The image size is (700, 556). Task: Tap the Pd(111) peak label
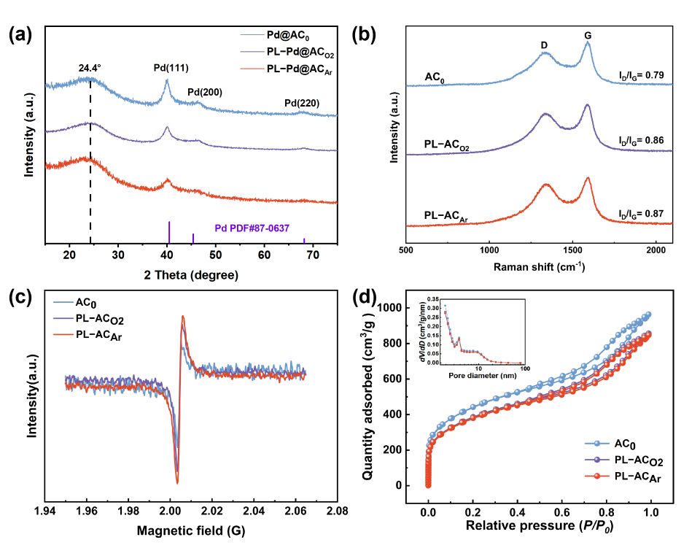point(171,68)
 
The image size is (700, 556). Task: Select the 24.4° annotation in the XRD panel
point(90,67)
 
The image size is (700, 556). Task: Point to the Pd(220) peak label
point(302,103)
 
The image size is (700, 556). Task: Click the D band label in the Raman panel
point(544,45)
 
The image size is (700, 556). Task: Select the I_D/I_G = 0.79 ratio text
point(640,75)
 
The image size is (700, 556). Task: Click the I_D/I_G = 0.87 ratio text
point(640,214)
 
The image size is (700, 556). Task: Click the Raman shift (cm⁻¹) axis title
point(539,267)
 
